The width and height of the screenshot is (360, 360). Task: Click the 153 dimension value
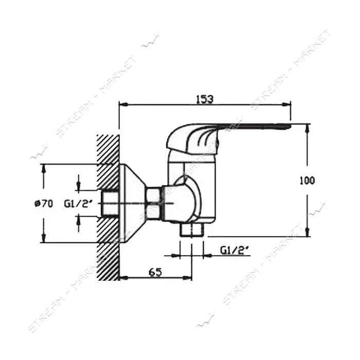click(205, 99)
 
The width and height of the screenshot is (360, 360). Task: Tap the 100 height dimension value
click(308, 181)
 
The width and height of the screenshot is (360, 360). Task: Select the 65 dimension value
click(155, 272)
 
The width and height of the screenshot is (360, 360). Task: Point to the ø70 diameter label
click(44, 204)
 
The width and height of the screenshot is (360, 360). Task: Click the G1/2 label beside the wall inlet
click(78, 204)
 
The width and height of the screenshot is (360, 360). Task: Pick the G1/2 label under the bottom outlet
click(235, 250)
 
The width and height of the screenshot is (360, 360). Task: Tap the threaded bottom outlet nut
click(192, 229)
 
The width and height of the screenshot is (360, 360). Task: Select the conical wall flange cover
click(133, 204)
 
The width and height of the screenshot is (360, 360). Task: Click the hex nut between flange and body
click(154, 203)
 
